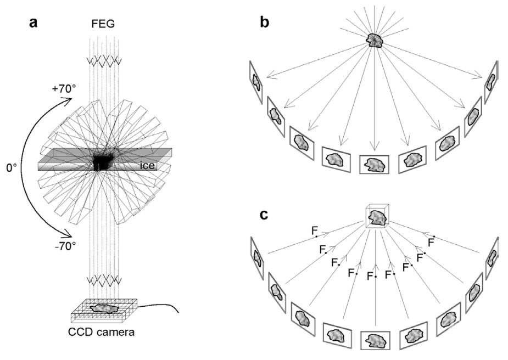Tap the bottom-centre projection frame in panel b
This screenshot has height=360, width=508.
click(x=375, y=164)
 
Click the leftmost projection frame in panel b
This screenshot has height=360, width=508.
click(x=256, y=83)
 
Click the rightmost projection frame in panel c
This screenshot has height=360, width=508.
click(x=492, y=258)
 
